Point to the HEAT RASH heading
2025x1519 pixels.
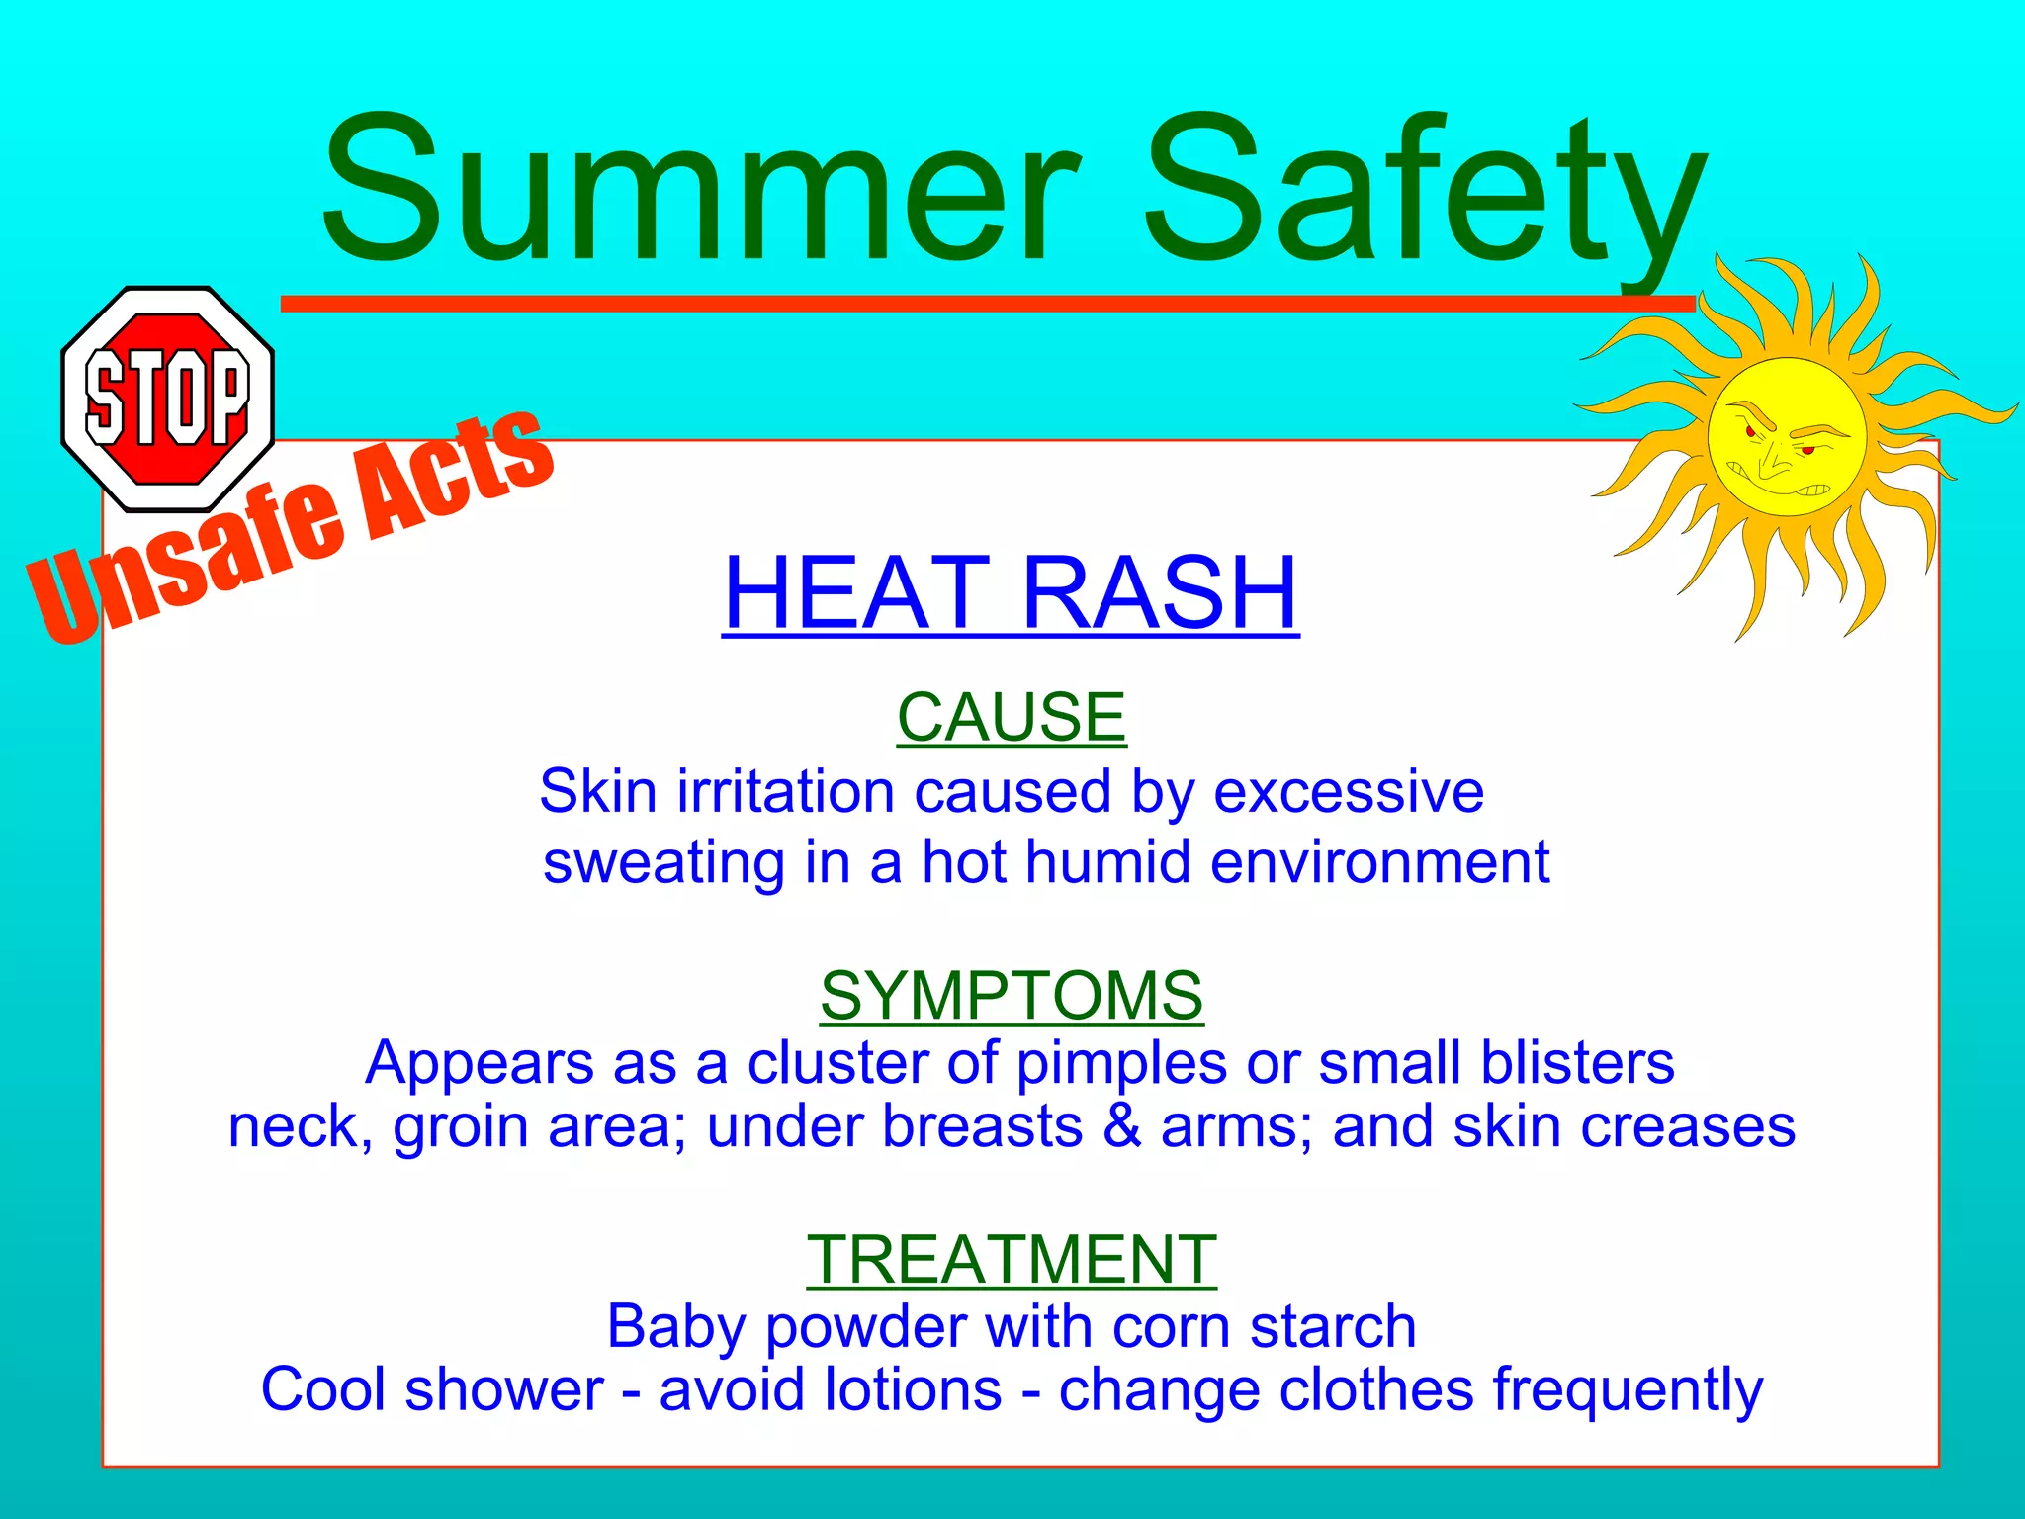(1011, 592)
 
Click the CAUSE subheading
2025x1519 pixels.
(1011, 717)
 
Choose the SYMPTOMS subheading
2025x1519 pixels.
(1011, 995)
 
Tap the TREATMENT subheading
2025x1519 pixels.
(1011, 1260)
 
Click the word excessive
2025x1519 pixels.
(1349, 792)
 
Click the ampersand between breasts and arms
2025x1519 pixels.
(1121, 1126)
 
